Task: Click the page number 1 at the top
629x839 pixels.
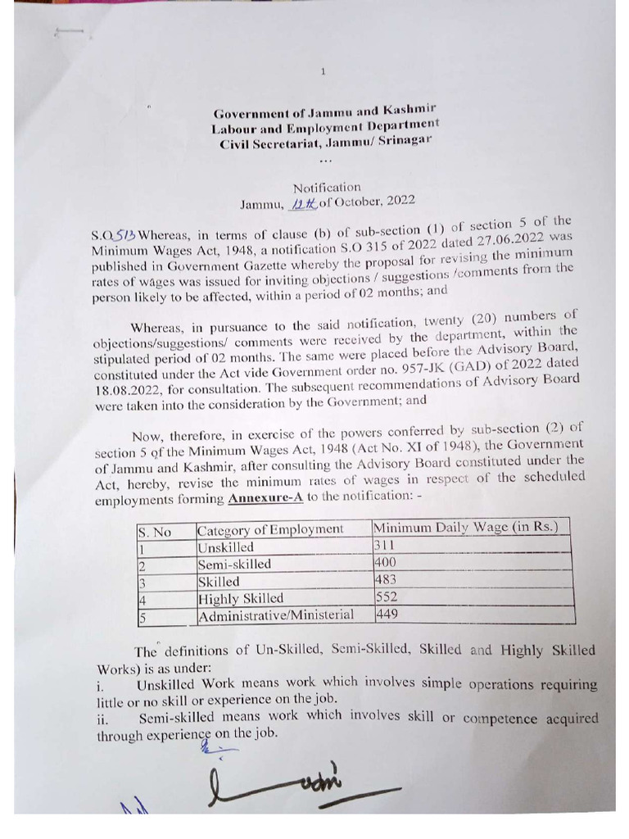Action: (x=324, y=72)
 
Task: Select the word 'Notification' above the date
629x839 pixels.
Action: (x=327, y=187)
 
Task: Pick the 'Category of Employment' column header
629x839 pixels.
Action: (x=270, y=529)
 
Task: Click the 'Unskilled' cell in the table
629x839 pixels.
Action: (x=226, y=547)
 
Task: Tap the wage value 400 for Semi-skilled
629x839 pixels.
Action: (x=385, y=564)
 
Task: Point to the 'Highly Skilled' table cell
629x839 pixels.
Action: (x=241, y=598)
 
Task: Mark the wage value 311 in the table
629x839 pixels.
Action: (x=383, y=546)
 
